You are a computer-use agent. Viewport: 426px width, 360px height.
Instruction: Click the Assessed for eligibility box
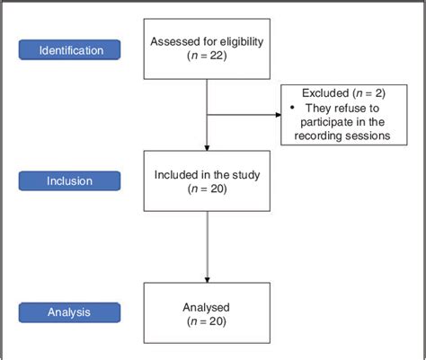(x=207, y=49)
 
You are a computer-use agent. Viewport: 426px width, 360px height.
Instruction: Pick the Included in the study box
(x=207, y=181)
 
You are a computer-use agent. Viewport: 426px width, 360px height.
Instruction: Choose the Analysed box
(x=207, y=312)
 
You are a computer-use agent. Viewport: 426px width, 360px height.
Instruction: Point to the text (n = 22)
(x=207, y=57)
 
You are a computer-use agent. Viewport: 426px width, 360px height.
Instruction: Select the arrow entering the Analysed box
(x=207, y=277)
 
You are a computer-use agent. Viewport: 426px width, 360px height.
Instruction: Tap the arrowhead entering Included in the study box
(x=207, y=146)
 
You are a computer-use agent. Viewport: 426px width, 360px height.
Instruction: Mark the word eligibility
(x=235, y=42)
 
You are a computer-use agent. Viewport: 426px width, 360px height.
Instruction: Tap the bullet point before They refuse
(x=291, y=108)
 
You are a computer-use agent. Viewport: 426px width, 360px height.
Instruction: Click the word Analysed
(x=207, y=305)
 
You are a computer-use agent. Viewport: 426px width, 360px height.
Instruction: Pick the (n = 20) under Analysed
(x=207, y=320)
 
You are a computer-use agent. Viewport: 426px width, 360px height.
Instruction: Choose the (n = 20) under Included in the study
(x=207, y=189)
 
